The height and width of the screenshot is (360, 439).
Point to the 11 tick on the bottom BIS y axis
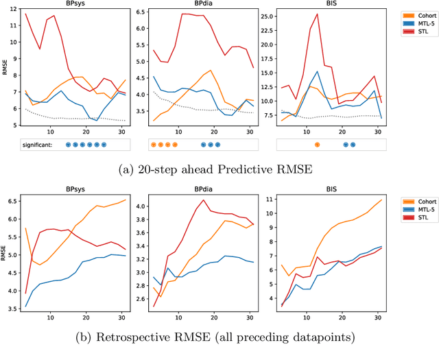[268, 200]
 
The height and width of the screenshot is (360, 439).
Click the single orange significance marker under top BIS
[317, 145]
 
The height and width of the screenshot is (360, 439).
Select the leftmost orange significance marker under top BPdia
[152, 145]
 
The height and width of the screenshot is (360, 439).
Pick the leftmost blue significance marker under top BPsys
[68, 145]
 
